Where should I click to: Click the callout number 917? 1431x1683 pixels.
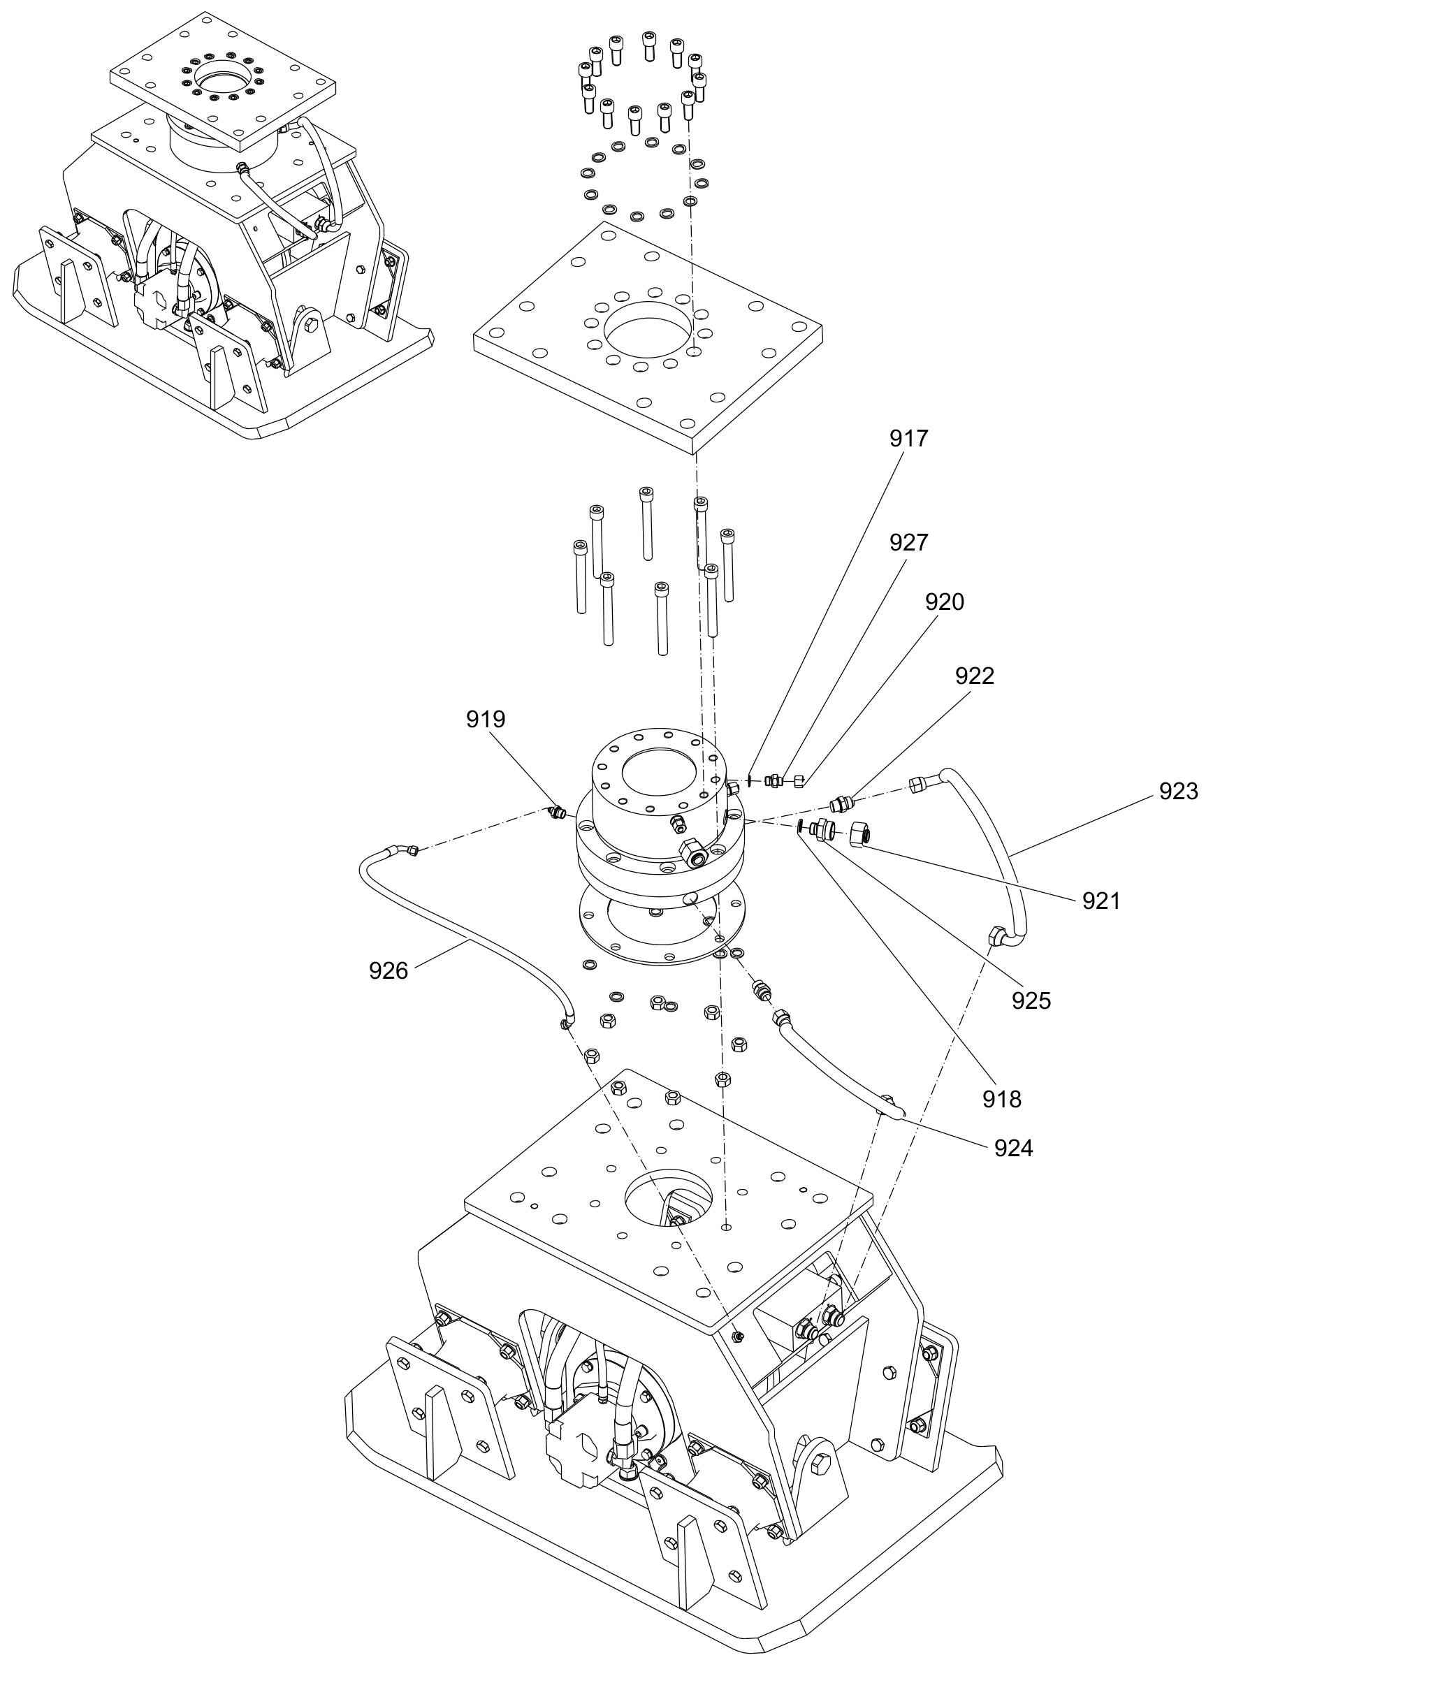908,439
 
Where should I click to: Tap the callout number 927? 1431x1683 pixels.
908,543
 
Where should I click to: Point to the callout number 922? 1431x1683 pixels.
974,676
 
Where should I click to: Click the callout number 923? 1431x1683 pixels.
1179,791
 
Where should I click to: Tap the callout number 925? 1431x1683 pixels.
1031,1001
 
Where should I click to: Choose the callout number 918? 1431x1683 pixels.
1002,1099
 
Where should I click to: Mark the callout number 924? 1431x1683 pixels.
1014,1148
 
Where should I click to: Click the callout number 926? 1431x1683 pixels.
388,970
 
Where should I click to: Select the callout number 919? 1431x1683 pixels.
486,719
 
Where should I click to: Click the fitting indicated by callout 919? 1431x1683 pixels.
555,811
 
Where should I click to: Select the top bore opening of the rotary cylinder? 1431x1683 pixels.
657,769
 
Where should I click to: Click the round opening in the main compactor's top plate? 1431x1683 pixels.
669,1196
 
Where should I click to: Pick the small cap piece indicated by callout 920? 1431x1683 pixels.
799,782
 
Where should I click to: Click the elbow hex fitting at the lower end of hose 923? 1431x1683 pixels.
996,937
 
